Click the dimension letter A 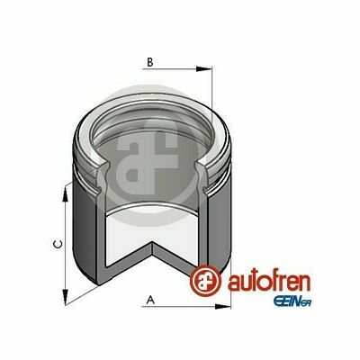[150, 300]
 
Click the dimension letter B [150, 62]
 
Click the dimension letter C [58, 244]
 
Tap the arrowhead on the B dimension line [204, 69]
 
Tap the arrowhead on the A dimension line [223, 307]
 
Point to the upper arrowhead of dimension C [65, 194]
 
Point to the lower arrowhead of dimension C [65, 297]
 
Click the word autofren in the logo [269, 282]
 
